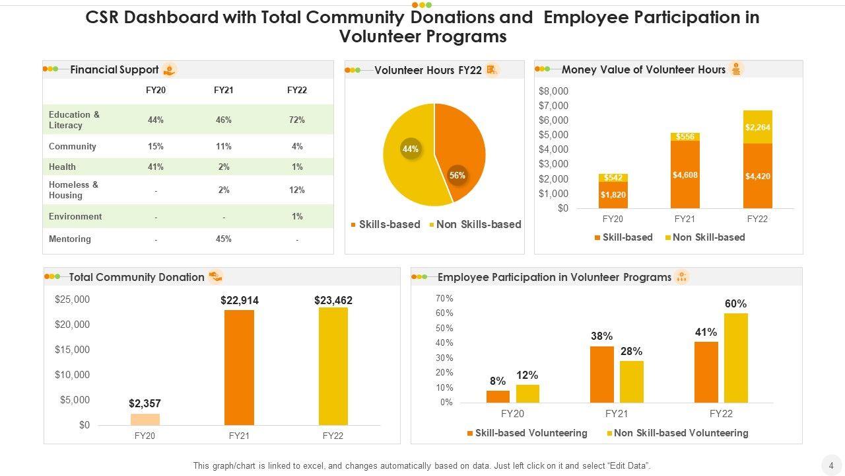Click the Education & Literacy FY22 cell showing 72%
(x=297, y=120)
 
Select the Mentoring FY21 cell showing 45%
(x=224, y=239)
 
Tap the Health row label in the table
(x=62, y=167)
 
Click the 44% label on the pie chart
(x=410, y=149)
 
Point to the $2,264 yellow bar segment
(x=757, y=127)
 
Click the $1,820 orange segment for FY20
(x=613, y=194)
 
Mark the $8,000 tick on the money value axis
(x=553, y=91)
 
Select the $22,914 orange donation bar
(x=239, y=367)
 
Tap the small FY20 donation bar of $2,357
(x=145, y=419)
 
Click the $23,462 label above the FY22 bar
(x=333, y=300)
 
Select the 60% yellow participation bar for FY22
(x=735, y=357)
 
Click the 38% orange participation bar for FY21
(x=601, y=374)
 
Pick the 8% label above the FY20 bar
(x=498, y=381)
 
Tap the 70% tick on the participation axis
(x=444, y=299)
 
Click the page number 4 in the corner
(x=831, y=463)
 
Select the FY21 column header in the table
(x=224, y=90)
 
